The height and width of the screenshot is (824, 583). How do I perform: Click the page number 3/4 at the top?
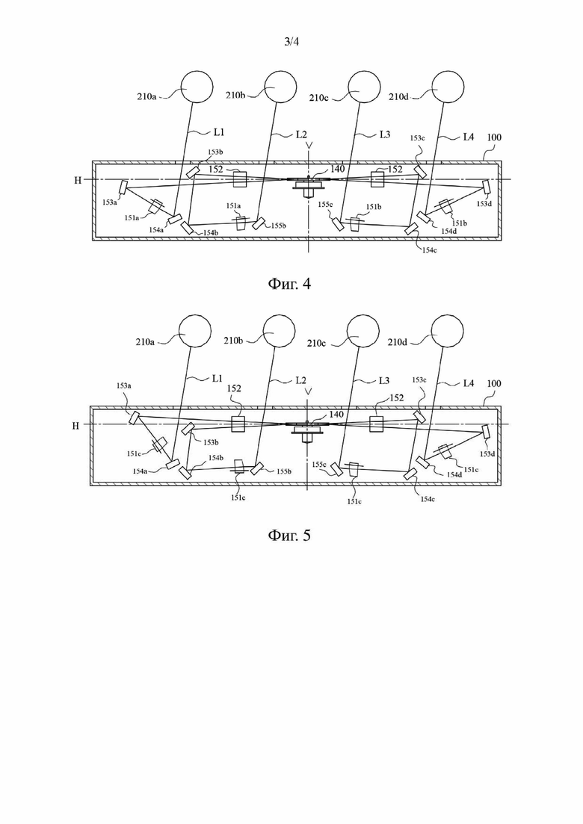pyautogui.click(x=291, y=42)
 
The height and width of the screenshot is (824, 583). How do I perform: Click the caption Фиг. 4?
pyautogui.click(x=290, y=284)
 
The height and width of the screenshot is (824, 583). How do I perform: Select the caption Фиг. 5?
pyautogui.click(x=290, y=535)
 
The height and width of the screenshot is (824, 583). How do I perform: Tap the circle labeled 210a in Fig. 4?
pyautogui.click(x=197, y=87)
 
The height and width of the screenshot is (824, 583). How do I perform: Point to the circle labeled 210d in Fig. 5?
pyautogui.click(x=448, y=331)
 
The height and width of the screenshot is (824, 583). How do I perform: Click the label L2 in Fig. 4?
pyautogui.click(x=300, y=134)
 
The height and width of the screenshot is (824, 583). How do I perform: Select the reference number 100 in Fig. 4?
pyautogui.click(x=494, y=137)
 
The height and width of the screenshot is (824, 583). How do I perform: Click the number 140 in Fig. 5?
pyautogui.click(x=336, y=414)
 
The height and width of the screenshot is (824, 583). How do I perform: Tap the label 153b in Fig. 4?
pyautogui.click(x=215, y=152)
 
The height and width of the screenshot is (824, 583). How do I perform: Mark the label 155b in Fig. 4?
pyautogui.click(x=279, y=226)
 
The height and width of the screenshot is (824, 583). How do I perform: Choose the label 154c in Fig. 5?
pyautogui.click(x=428, y=499)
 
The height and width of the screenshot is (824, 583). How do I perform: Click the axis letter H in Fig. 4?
pyautogui.click(x=78, y=180)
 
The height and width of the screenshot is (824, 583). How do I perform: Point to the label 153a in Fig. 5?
pyautogui.click(x=123, y=385)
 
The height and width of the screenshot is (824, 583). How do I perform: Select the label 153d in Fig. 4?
pyautogui.click(x=483, y=203)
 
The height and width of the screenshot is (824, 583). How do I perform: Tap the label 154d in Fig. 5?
pyautogui.click(x=454, y=474)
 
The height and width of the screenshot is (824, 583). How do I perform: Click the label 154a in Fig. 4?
pyautogui.click(x=156, y=229)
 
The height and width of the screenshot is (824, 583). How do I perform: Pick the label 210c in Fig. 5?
pyautogui.click(x=317, y=343)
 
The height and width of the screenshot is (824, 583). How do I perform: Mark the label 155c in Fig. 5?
pyautogui.click(x=319, y=465)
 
